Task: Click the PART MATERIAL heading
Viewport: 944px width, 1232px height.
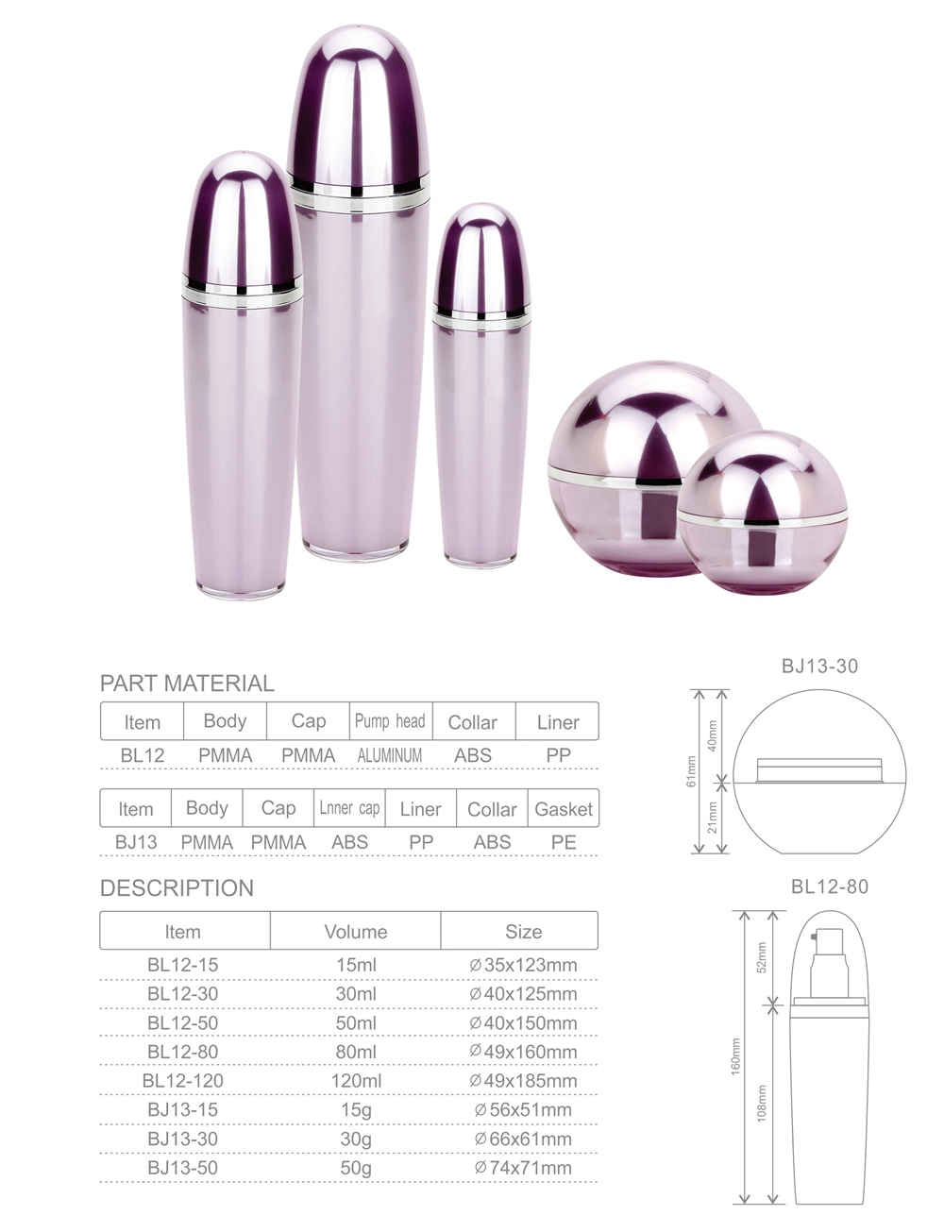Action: [187, 683]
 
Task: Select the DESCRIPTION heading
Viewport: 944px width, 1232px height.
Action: [177, 887]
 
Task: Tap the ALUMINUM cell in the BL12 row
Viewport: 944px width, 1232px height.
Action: [390, 755]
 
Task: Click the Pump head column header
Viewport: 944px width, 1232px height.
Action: [390, 721]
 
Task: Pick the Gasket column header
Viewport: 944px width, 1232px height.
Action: [564, 809]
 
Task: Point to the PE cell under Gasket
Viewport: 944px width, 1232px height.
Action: [564, 842]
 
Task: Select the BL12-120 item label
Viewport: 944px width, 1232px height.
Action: [182, 1080]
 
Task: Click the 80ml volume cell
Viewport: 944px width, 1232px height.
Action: [356, 1052]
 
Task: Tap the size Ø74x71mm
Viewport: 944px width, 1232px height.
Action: [523, 1168]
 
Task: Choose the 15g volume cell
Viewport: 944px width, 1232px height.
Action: [356, 1109]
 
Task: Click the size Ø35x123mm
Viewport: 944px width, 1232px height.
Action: [523, 965]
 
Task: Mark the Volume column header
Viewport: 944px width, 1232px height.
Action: [356, 932]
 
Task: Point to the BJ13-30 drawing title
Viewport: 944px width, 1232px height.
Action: [819, 666]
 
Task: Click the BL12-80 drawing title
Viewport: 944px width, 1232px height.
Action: [829, 886]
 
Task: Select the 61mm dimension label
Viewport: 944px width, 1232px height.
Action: [692, 771]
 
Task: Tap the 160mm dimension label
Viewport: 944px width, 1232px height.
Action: [736, 1055]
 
